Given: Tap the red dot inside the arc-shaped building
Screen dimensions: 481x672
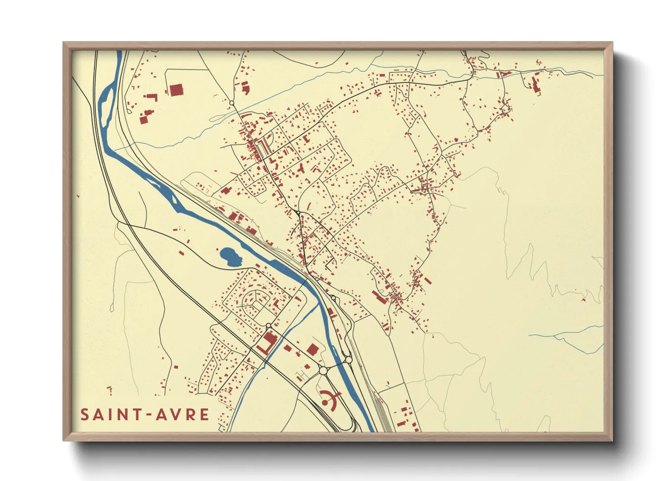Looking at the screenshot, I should coord(325,402).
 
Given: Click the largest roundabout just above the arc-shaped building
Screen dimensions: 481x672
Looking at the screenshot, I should coord(323,371).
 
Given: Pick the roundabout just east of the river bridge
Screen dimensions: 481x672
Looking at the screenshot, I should coord(348,360).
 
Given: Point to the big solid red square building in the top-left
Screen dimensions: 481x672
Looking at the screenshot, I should coord(175,90).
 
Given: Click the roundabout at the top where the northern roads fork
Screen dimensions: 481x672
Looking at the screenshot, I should coord(232,104).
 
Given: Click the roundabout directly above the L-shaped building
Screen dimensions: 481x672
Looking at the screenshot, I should coord(268,326).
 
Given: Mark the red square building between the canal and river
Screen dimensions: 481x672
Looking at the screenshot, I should coord(312,349).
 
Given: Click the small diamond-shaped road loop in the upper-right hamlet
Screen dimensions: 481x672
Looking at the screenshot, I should coord(505,109).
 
